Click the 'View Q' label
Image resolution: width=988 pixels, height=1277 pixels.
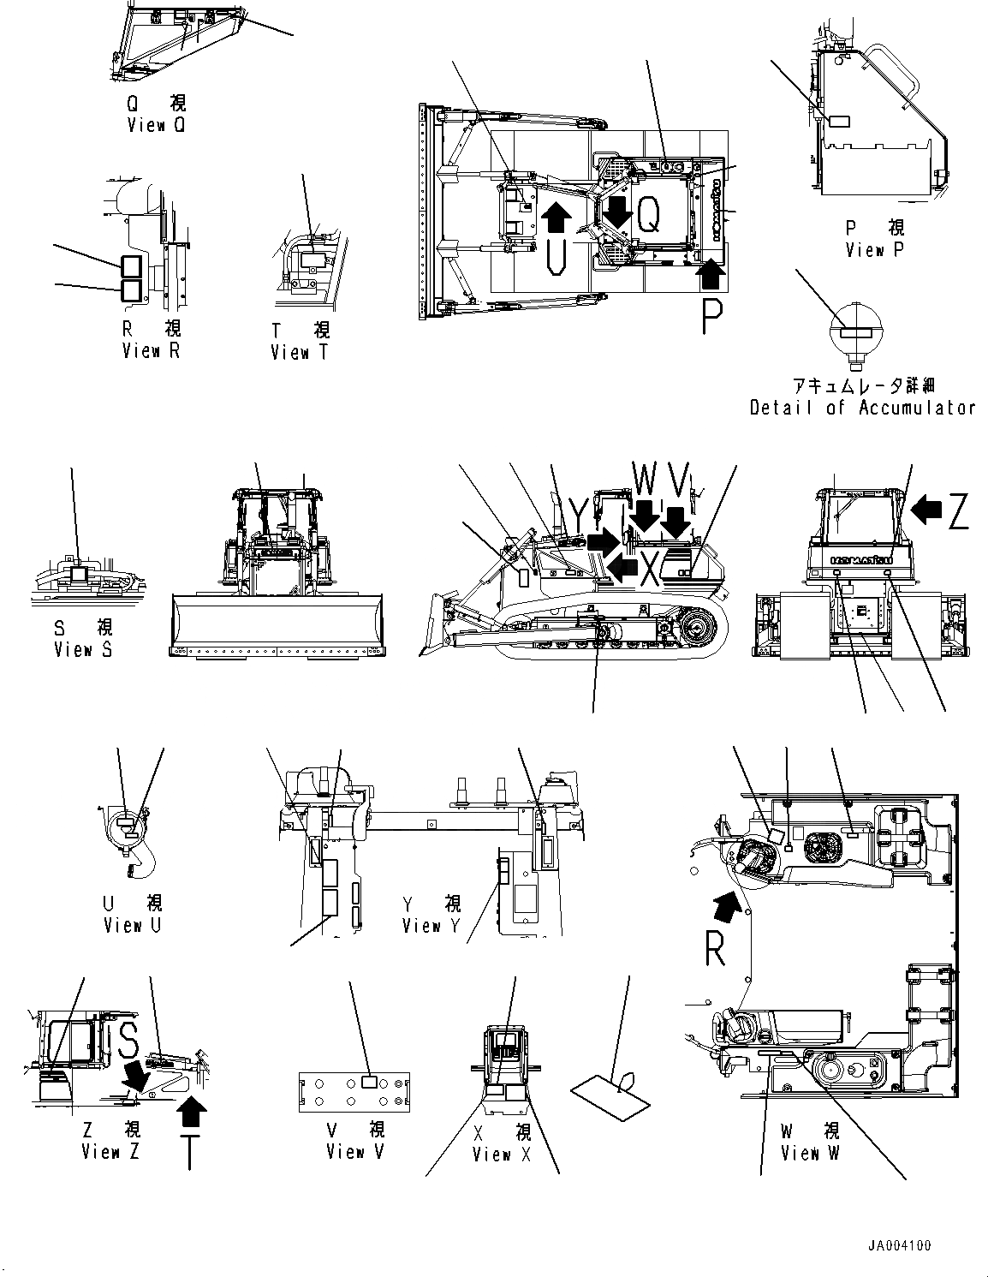pyautogui.click(x=156, y=125)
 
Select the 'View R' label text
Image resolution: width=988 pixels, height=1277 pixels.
pyautogui.click(x=152, y=350)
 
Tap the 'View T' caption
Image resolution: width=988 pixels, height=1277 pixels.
pyautogui.click(x=299, y=352)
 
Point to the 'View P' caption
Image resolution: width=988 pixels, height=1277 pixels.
pyautogui.click(x=874, y=250)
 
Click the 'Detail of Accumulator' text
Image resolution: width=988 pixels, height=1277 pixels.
pyautogui.click(x=862, y=408)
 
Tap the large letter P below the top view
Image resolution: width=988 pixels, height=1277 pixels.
pyautogui.click(x=711, y=317)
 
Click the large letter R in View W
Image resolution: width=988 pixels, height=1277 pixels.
pyautogui.click(x=716, y=948)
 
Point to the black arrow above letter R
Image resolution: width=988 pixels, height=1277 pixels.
pyautogui.click(x=723, y=903)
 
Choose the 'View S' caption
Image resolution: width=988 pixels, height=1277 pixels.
pyautogui.click(x=83, y=650)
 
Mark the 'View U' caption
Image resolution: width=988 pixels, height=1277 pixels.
pyautogui.click(x=133, y=925)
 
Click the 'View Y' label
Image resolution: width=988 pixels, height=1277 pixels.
pyautogui.click(x=432, y=926)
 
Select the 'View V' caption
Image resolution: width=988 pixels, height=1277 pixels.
pyautogui.click(x=355, y=1152)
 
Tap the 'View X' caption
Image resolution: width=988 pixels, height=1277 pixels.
pyautogui.click(x=502, y=1155)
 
